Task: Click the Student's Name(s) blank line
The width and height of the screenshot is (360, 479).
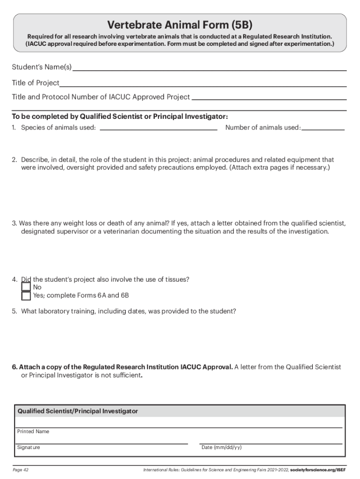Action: click(x=209, y=69)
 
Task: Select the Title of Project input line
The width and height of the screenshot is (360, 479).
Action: click(x=203, y=86)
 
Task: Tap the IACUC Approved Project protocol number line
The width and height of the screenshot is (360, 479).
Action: click(x=269, y=99)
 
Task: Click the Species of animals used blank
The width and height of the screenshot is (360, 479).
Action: click(x=158, y=129)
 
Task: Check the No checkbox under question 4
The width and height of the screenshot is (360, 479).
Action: click(x=26, y=287)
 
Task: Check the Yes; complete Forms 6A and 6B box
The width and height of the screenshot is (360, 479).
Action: click(x=26, y=296)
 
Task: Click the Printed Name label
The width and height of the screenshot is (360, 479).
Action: click(x=33, y=431)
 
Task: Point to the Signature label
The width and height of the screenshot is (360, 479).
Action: click(x=29, y=448)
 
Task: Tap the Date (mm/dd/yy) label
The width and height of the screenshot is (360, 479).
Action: click(x=221, y=448)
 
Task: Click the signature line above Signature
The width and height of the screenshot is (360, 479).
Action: click(x=102, y=443)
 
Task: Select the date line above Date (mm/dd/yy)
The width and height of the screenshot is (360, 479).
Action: click(x=271, y=443)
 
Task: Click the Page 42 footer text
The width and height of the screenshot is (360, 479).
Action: click(x=21, y=470)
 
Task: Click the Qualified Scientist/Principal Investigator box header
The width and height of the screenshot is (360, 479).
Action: click(x=78, y=411)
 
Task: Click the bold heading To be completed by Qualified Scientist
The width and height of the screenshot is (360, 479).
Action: click(x=120, y=116)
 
